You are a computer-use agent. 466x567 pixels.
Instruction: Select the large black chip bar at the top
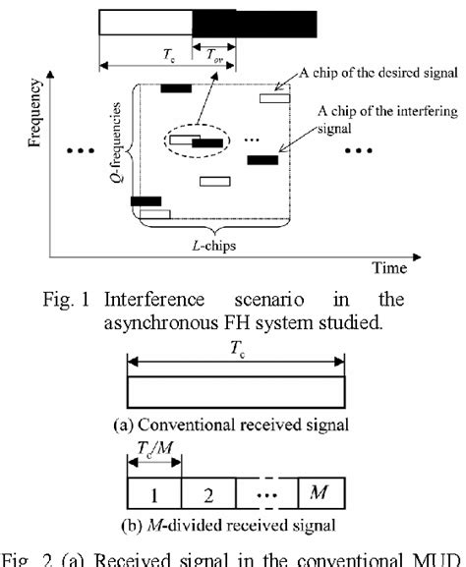click(x=254, y=24)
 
